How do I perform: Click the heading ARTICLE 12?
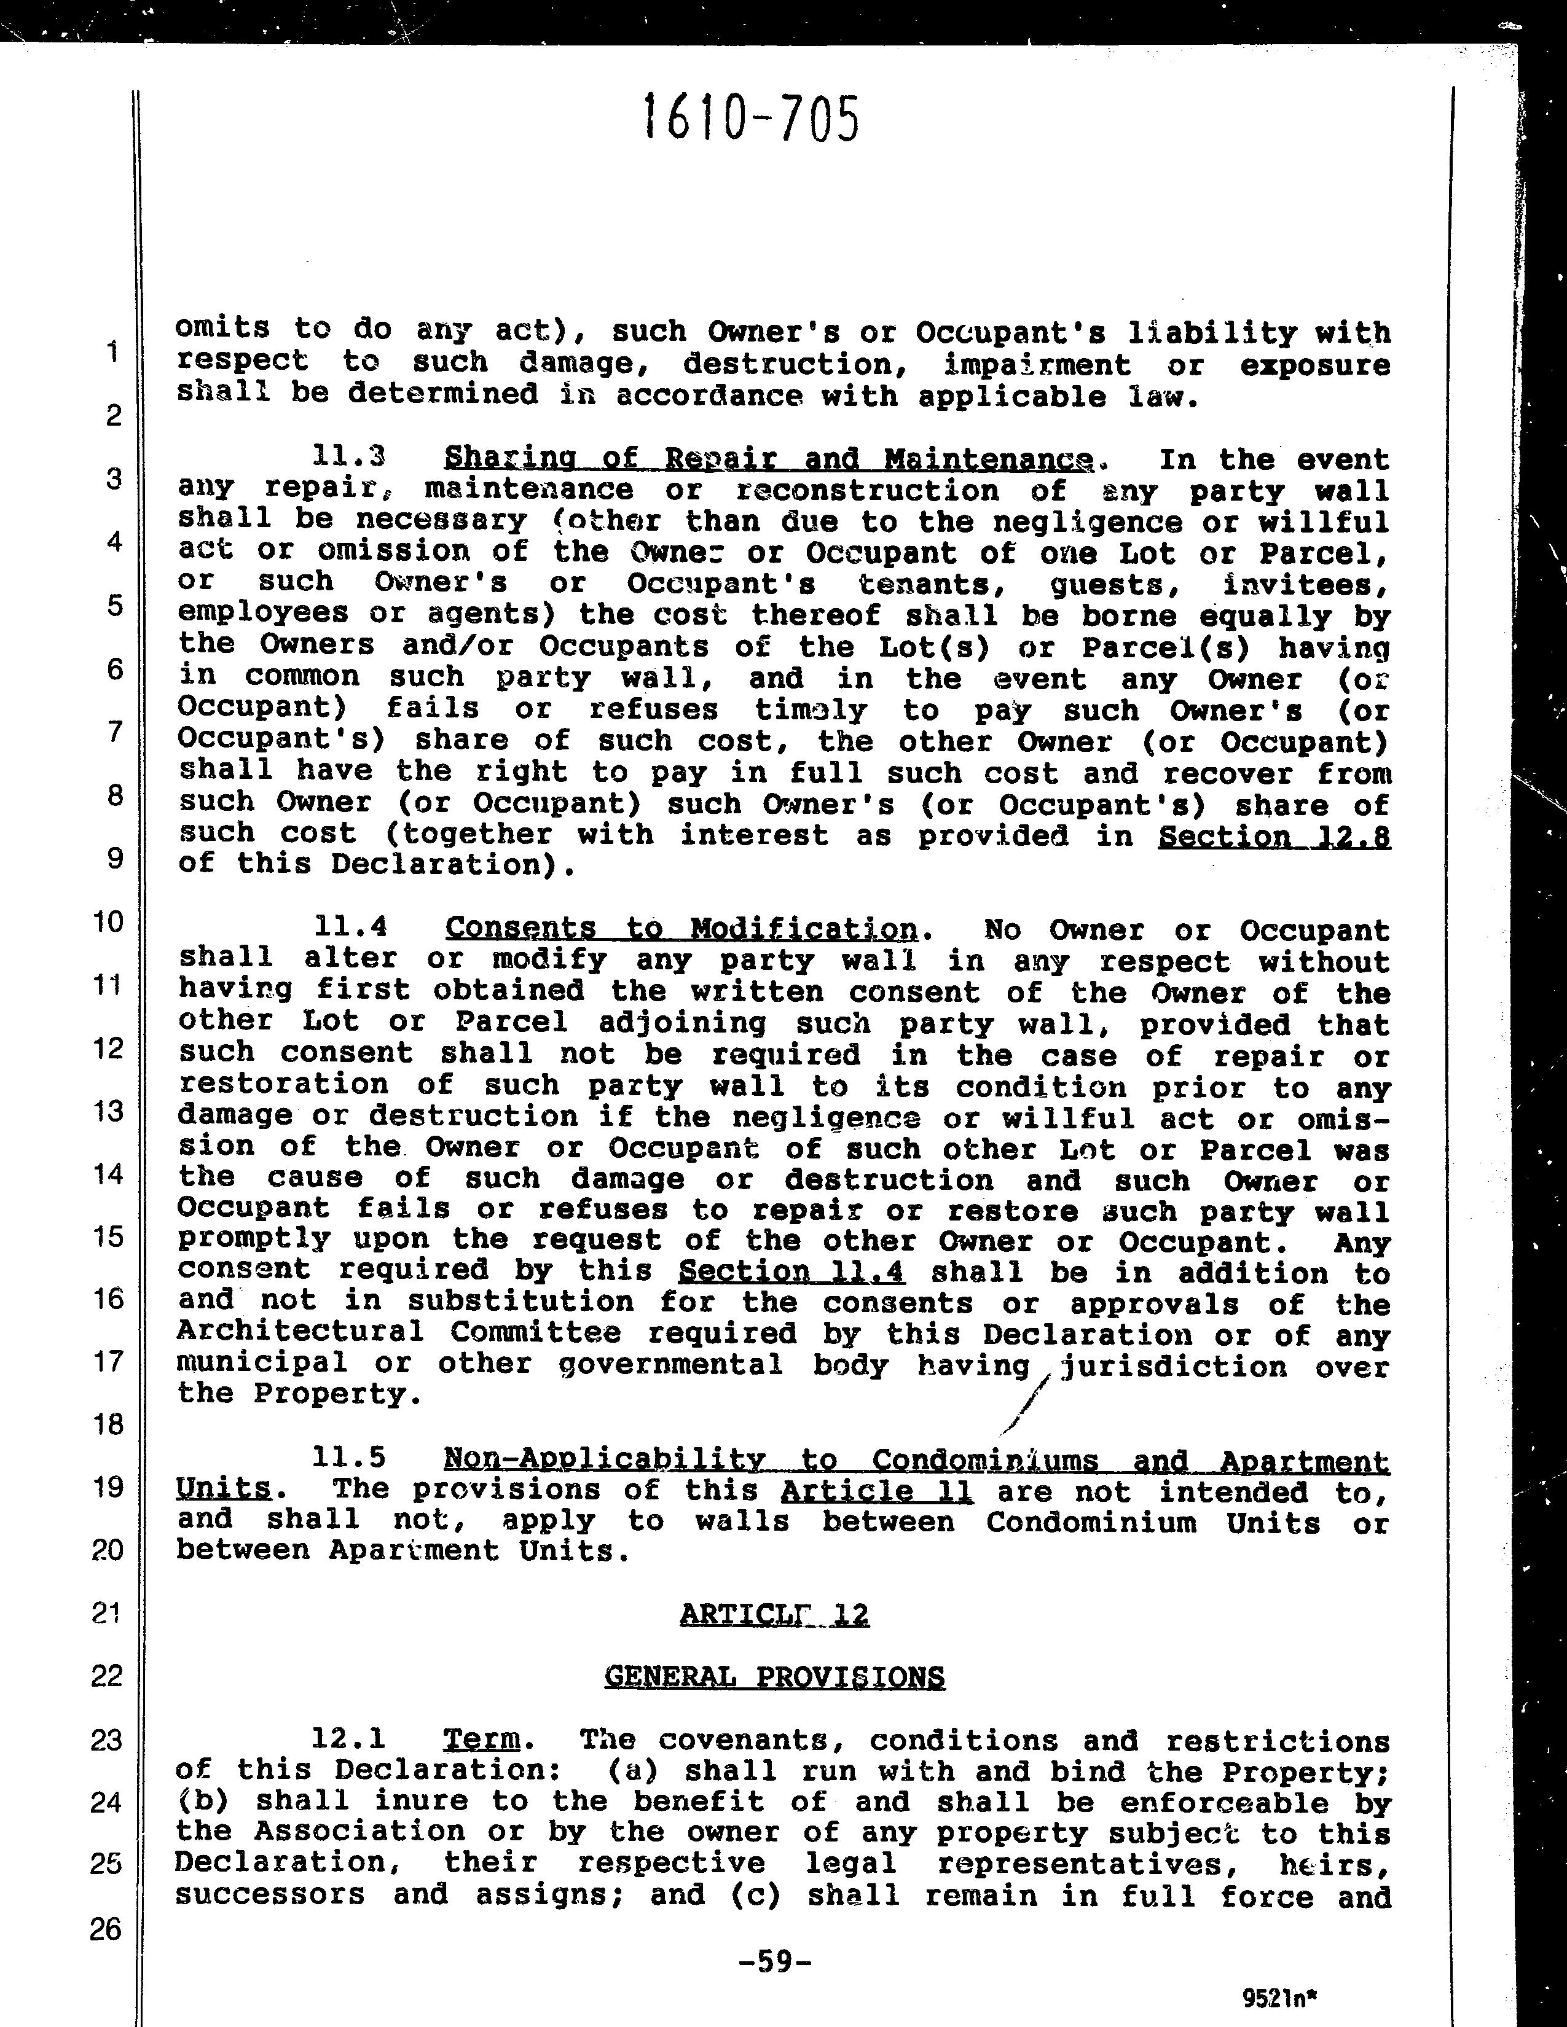pyautogui.click(x=774, y=1615)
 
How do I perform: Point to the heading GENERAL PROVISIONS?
pyautogui.click(x=774, y=1677)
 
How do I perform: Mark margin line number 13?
pyautogui.click(x=109, y=1111)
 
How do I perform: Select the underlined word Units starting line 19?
pyautogui.click(x=223, y=1490)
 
